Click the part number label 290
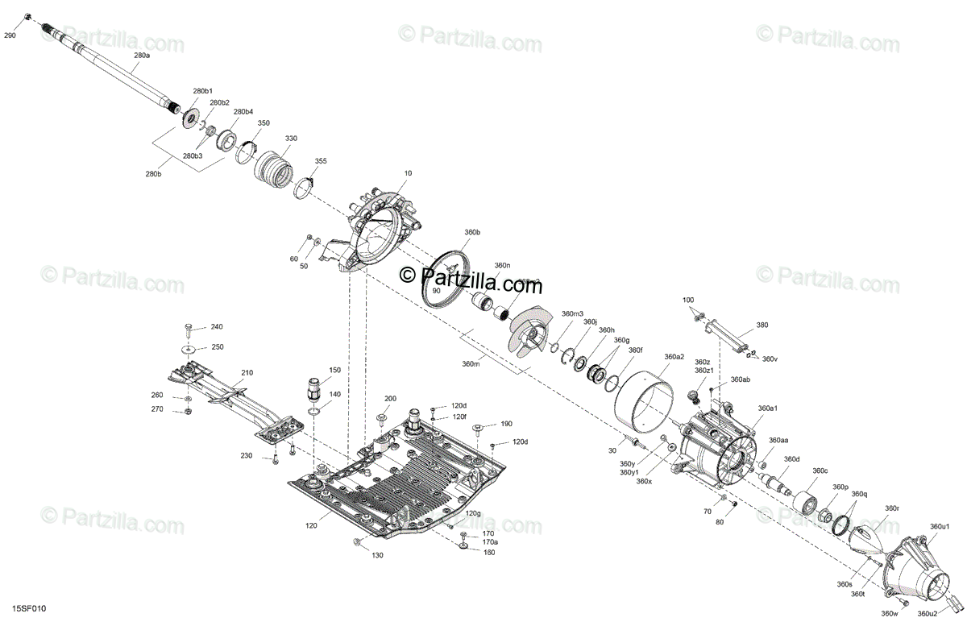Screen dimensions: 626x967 click(x=10, y=35)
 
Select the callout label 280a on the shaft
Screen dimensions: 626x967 click(x=142, y=56)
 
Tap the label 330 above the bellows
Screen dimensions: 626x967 click(x=291, y=139)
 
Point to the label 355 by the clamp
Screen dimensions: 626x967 click(x=321, y=161)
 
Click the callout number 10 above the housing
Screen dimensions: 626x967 click(x=408, y=173)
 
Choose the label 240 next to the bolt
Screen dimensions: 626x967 click(x=217, y=327)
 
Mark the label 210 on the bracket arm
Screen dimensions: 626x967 click(x=247, y=373)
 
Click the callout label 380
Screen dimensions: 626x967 click(x=762, y=325)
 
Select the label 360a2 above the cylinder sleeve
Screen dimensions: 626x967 click(x=674, y=357)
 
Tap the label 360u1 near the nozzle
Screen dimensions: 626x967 click(x=940, y=526)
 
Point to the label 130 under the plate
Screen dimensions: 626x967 click(x=378, y=556)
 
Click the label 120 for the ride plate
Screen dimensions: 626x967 click(x=311, y=525)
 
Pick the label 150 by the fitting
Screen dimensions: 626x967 click(x=334, y=370)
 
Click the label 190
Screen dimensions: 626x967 click(x=506, y=424)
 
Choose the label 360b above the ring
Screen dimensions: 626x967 click(x=472, y=232)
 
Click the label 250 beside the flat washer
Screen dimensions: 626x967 click(x=217, y=347)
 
